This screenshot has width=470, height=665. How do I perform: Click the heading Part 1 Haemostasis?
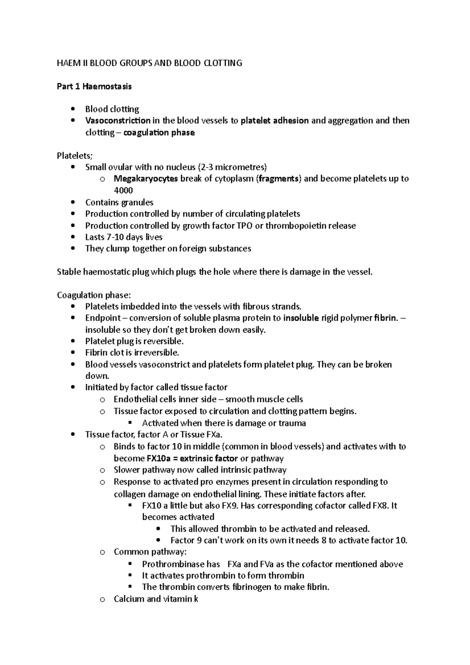[94, 87]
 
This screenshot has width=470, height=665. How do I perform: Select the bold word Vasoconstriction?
[118, 121]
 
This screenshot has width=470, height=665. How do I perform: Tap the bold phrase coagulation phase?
[159, 133]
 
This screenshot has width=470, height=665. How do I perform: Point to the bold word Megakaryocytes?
[146, 179]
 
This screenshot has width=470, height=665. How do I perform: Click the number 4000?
[123, 191]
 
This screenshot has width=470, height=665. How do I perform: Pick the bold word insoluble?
[301, 318]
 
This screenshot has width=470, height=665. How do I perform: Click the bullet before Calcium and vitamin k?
[103, 599]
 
